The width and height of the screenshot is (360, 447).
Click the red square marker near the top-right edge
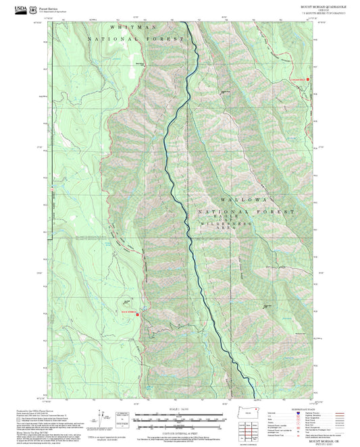tap(308, 79)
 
